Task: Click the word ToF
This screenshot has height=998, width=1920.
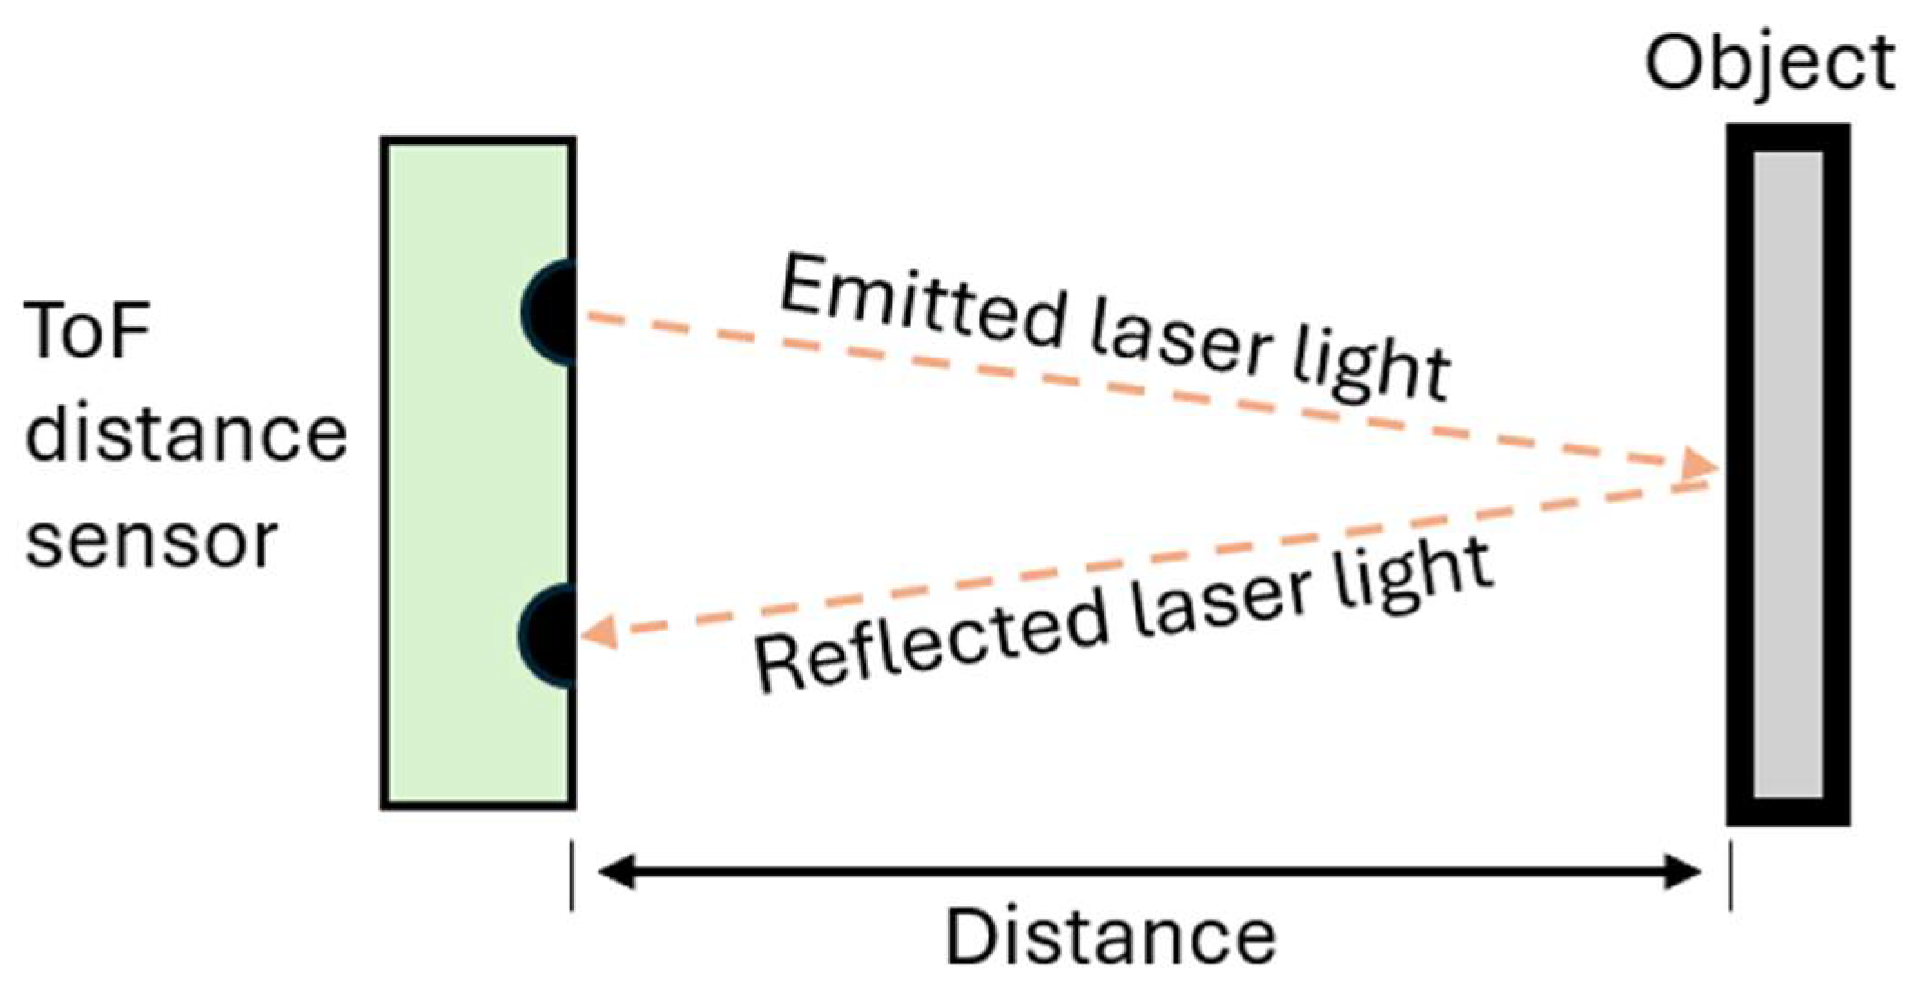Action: [x=87, y=330]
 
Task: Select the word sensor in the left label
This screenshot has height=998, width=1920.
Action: [x=151, y=542]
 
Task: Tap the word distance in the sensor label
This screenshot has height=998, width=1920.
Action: [x=186, y=435]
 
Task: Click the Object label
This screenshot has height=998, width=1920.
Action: [x=1769, y=64]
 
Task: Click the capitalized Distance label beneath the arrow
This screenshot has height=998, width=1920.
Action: [x=1111, y=937]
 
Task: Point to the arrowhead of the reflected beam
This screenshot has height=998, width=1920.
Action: [x=599, y=631]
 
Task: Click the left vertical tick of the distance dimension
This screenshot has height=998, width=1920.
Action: [x=571, y=875]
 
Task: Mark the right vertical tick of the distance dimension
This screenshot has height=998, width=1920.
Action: [x=1730, y=875]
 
